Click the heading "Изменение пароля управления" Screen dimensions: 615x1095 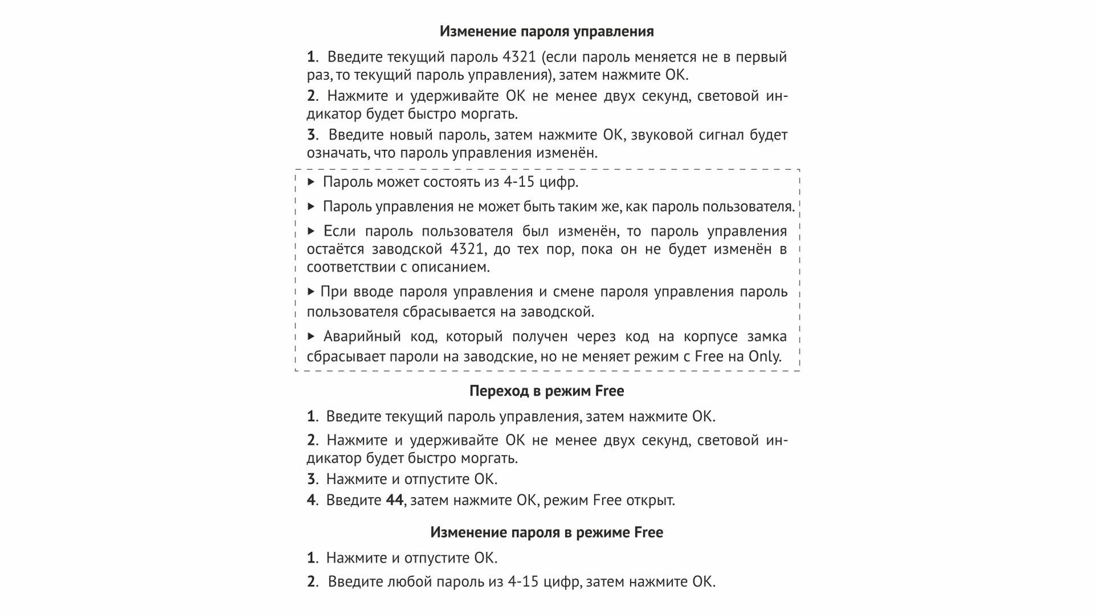pyautogui.click(x=546, y=31)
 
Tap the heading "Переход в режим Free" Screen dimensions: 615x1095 pyautogui.click(x=546, y=391)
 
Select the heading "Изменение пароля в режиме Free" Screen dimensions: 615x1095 pyautogui.click(x=546, y=532)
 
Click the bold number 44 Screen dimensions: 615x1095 pyautogui.click(x=395, y=500)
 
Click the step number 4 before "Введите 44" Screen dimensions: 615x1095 pyautogui.click(x=311, y=500)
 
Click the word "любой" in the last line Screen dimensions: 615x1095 pyautogui.click(x=409, y=582)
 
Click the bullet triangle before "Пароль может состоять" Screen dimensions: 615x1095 pyautogui.click(x=311, y=182)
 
